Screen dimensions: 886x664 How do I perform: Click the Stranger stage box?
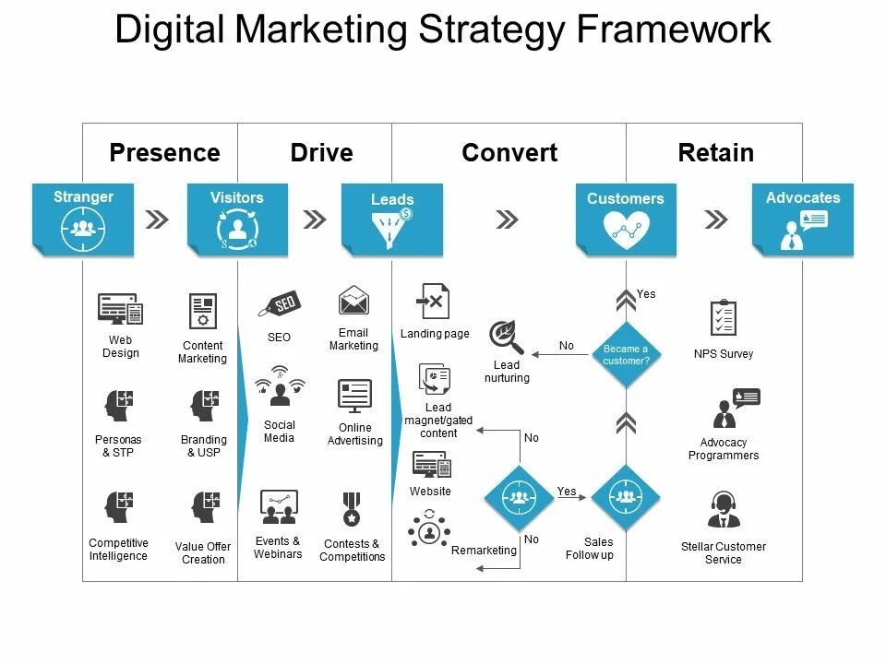(83, 219)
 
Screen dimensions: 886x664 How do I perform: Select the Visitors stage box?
(237, 219)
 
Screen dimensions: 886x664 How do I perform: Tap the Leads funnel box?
(392, 219)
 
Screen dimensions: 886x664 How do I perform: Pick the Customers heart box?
(626, 219)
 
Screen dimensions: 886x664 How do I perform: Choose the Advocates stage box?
(803, 219)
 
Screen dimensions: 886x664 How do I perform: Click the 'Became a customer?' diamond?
(626, 354)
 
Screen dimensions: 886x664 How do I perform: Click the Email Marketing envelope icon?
(353, 301)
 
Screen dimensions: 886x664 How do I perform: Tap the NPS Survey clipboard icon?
(724, 318)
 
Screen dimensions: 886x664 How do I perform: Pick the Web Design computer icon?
(121, 309)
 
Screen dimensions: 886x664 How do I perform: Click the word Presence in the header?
(164, 152)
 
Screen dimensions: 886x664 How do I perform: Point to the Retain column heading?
(715, 152)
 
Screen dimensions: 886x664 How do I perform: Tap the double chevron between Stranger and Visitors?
(158, 219)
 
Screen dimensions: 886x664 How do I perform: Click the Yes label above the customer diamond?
(646, 294)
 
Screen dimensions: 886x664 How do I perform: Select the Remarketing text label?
(484, 551)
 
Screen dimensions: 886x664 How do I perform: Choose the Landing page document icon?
(435, 302)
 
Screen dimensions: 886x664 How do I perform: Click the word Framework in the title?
(675, 30)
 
